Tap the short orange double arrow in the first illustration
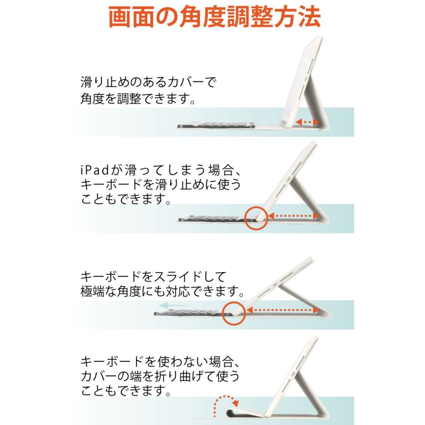tap(306, 122)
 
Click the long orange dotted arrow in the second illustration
tap(296, 215)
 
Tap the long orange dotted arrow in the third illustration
tap(281, 310)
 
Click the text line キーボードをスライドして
tap(154, 275)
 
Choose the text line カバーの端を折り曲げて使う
tap(159, 375)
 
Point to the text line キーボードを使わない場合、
tap(158, 360)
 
